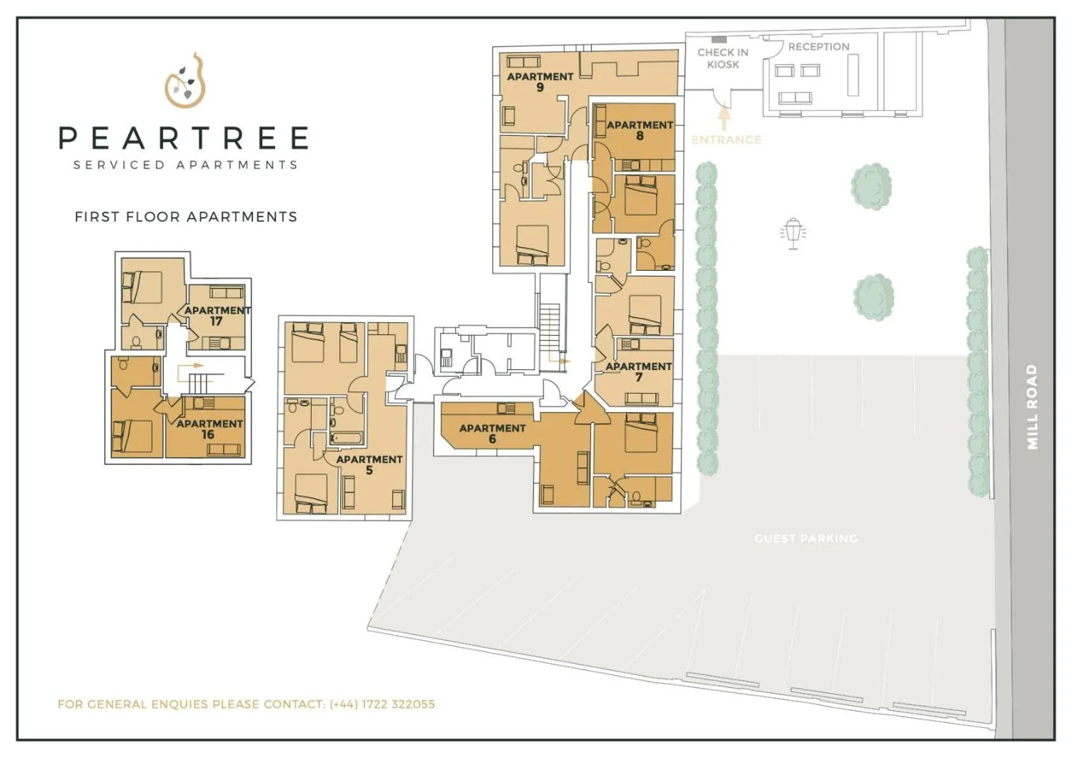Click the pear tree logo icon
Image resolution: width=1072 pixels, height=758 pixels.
[185, 81]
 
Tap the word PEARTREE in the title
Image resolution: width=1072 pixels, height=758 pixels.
[184, 138]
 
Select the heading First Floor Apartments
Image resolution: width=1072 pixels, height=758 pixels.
[185, 217]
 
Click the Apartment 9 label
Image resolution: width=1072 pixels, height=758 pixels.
[540, 82]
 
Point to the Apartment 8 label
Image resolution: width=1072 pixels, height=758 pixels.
[639, 130]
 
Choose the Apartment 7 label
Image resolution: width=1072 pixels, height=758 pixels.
[638, 371]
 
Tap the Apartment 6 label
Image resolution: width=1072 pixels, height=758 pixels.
[492, 433]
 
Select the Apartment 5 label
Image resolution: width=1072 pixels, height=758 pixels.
[369, 464]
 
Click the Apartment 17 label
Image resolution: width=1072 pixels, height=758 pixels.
[217, 315]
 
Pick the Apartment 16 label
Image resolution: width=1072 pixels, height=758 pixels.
[209, 429]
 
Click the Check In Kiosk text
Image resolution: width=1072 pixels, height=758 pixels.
[723, 58]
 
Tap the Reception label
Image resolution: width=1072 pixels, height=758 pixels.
[818, 46]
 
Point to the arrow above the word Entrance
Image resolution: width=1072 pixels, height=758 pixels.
[723, 118]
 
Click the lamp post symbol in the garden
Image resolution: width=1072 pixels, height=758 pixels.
[793, 233]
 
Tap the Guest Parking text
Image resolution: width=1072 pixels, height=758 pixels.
[806, 538]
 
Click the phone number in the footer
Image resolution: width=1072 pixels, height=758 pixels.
[382, 704]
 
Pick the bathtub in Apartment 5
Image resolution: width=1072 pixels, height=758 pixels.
[347, 438]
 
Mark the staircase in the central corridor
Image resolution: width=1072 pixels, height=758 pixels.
[549, 329]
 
